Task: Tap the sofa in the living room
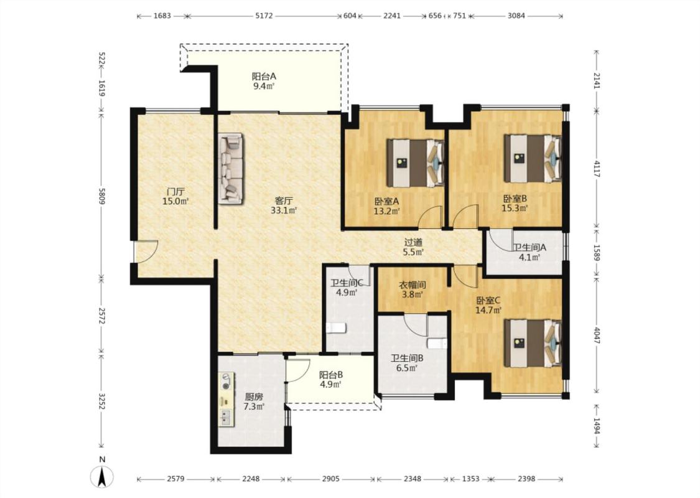[x=231, y=169]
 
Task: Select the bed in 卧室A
[x=415, y=162]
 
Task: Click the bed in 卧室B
[x=533, y=158]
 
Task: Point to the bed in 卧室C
[x=533, y=343]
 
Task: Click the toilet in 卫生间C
[x=336, y=328]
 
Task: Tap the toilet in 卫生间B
[x=437, y=344]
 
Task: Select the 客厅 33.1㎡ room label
[x=284, y=205]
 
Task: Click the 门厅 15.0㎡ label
[x=175, y=197]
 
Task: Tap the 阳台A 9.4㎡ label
[x=264, y=82]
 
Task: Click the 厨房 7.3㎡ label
[x=254, y=402]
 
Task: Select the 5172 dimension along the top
[x=264, y=16]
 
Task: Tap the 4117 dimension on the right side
[x=597, y=168]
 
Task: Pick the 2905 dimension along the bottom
[x=330, y=479]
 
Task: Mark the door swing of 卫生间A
[x=501, y=241]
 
